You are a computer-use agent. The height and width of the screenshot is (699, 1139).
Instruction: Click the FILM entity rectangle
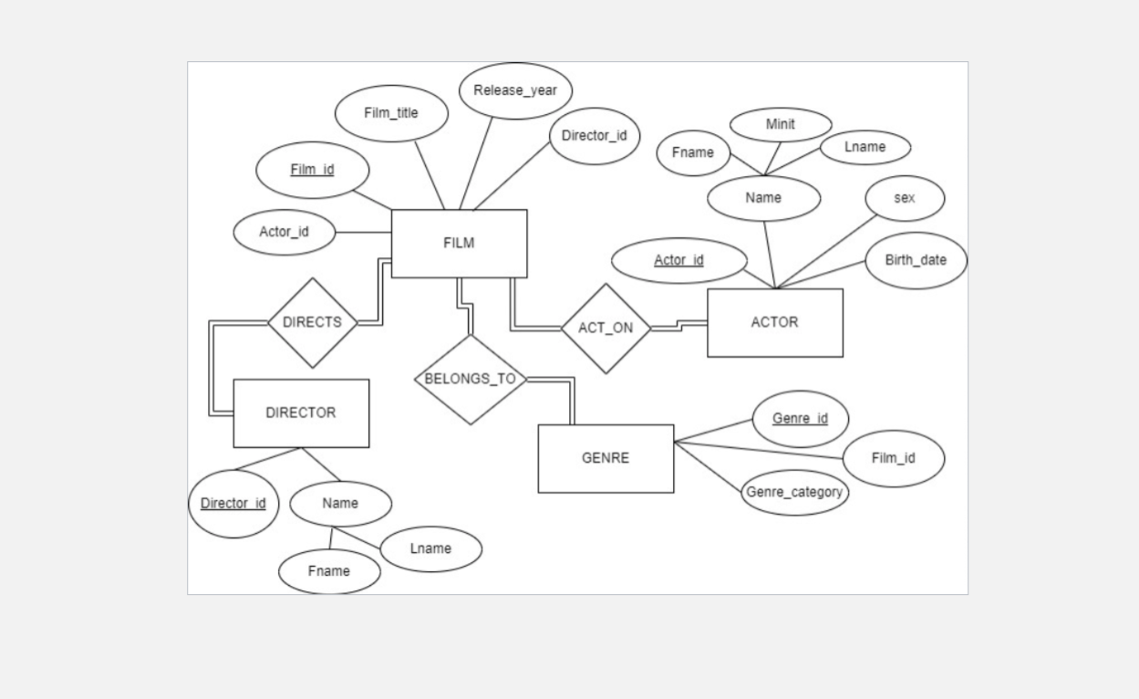[x=459, y=244]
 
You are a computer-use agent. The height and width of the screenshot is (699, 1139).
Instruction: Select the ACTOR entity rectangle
[x=774, y=322]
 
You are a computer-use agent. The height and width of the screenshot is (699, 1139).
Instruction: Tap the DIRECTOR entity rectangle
[x=301, y=412]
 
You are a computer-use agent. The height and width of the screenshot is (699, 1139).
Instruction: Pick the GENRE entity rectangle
[x=606, y=458]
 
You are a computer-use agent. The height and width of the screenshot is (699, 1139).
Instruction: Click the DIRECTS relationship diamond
[x=312, y=323]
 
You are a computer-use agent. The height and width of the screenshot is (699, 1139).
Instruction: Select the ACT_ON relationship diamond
[x=606, y=329]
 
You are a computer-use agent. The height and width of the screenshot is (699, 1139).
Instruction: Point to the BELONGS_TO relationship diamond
[x=471, y=380]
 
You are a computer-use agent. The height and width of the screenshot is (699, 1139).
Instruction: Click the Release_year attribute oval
[x=515, y=90]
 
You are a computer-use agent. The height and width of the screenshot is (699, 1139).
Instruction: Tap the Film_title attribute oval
[x=391, y=113]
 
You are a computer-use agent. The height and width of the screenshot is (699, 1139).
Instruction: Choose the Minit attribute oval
[x=781, y=125]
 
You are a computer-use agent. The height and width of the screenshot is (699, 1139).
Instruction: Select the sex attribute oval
[x=905, y=198]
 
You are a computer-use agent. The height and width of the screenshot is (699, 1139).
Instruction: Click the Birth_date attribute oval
[x=916, y=260]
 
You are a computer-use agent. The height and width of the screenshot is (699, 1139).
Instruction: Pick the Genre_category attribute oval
[x=794, y=493]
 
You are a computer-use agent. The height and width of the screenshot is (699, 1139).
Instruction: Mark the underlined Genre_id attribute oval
[x=800, y=419]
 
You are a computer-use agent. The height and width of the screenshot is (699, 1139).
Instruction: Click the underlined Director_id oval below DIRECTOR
[x=233, y=504]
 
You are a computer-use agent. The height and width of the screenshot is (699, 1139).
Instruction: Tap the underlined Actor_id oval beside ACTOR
[x=678, y=261]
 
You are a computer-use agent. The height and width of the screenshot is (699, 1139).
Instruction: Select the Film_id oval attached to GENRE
[x=893, y=458]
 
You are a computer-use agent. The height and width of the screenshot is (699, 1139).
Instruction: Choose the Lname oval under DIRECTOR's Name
[x=430, y=549]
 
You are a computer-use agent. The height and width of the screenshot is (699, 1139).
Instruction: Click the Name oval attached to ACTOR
[x=763, y=198]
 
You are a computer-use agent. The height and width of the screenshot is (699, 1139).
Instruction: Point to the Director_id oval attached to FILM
[x=595, y=136]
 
